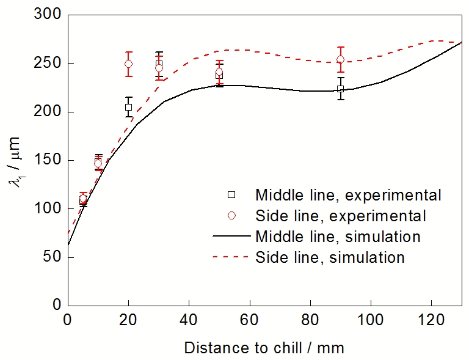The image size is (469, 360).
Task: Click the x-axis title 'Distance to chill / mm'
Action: click(264, 348)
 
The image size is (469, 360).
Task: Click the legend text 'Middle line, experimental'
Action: click(348, 195)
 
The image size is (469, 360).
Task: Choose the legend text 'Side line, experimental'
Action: click(341, 216)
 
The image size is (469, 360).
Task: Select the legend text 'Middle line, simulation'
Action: click(338, 236)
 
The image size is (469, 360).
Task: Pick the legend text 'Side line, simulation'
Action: click(330, 257)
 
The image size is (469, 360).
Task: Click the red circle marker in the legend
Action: click(231, 215)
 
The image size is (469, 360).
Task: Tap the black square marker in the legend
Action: click(231, 195)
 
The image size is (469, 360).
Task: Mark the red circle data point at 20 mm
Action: click(128, 64)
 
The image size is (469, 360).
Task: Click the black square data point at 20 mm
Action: click(128, 107)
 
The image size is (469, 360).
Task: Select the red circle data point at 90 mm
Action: click(340, 59)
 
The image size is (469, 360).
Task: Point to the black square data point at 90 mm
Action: click(340, 89)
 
